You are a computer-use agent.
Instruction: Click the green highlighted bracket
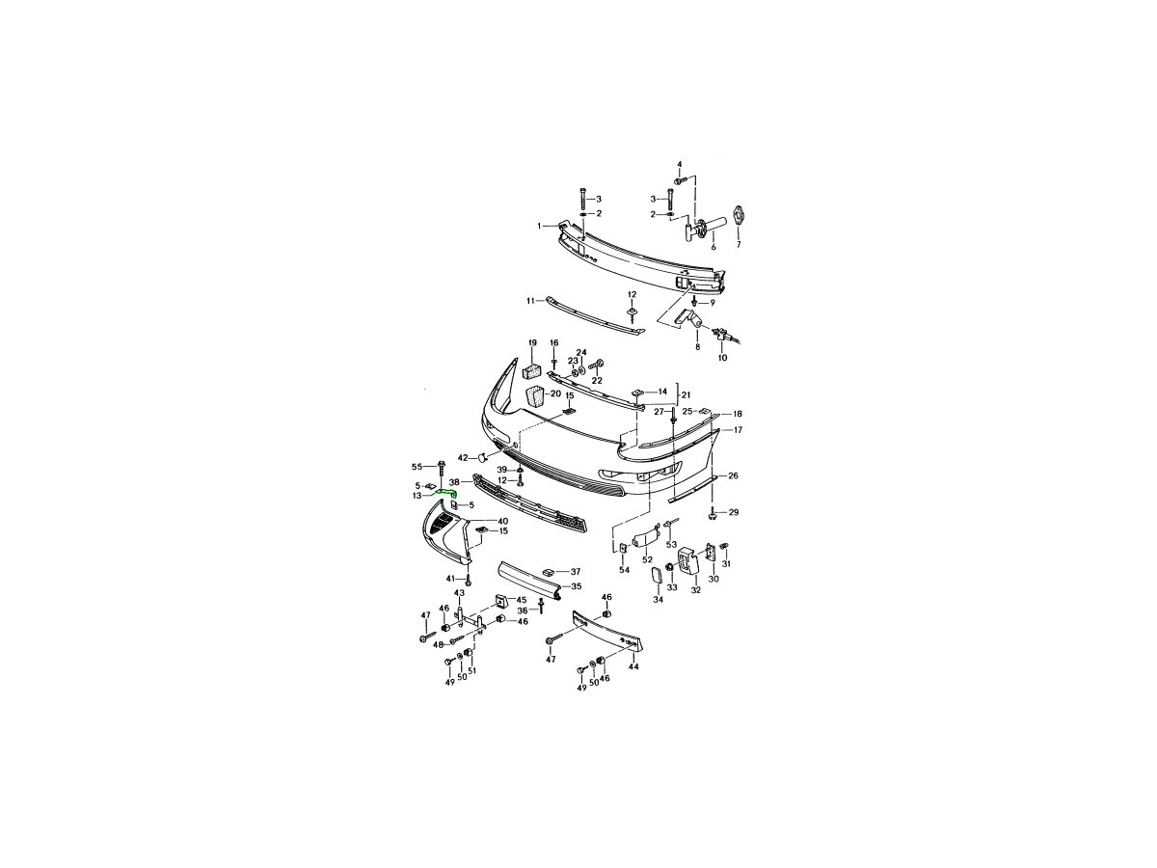447,492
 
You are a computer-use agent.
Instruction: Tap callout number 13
417,496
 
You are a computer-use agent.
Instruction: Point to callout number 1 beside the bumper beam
539,226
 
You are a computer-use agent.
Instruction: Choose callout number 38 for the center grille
454,481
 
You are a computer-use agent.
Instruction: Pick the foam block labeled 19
531,371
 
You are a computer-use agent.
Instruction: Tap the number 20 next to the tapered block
555,393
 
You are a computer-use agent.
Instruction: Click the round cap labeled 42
481,457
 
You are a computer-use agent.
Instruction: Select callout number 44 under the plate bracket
633,666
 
